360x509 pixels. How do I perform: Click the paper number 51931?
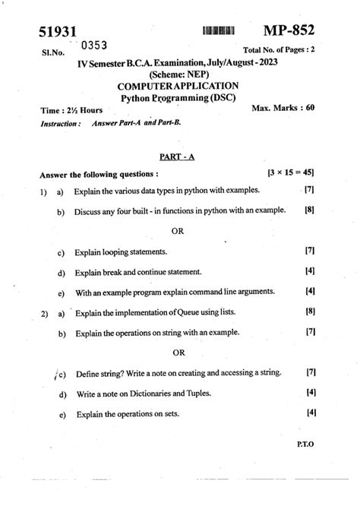pyautogui.click(x=58, y=33)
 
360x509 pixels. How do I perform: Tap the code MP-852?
pyautogui.click(x=289, y=30)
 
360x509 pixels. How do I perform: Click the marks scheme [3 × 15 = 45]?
pyautogui.click(x=292, y=174)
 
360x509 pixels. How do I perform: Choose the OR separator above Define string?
pyautogui.click(x=178, y=352)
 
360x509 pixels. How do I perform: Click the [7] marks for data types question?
pyautogui.click(x=309, y=190)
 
